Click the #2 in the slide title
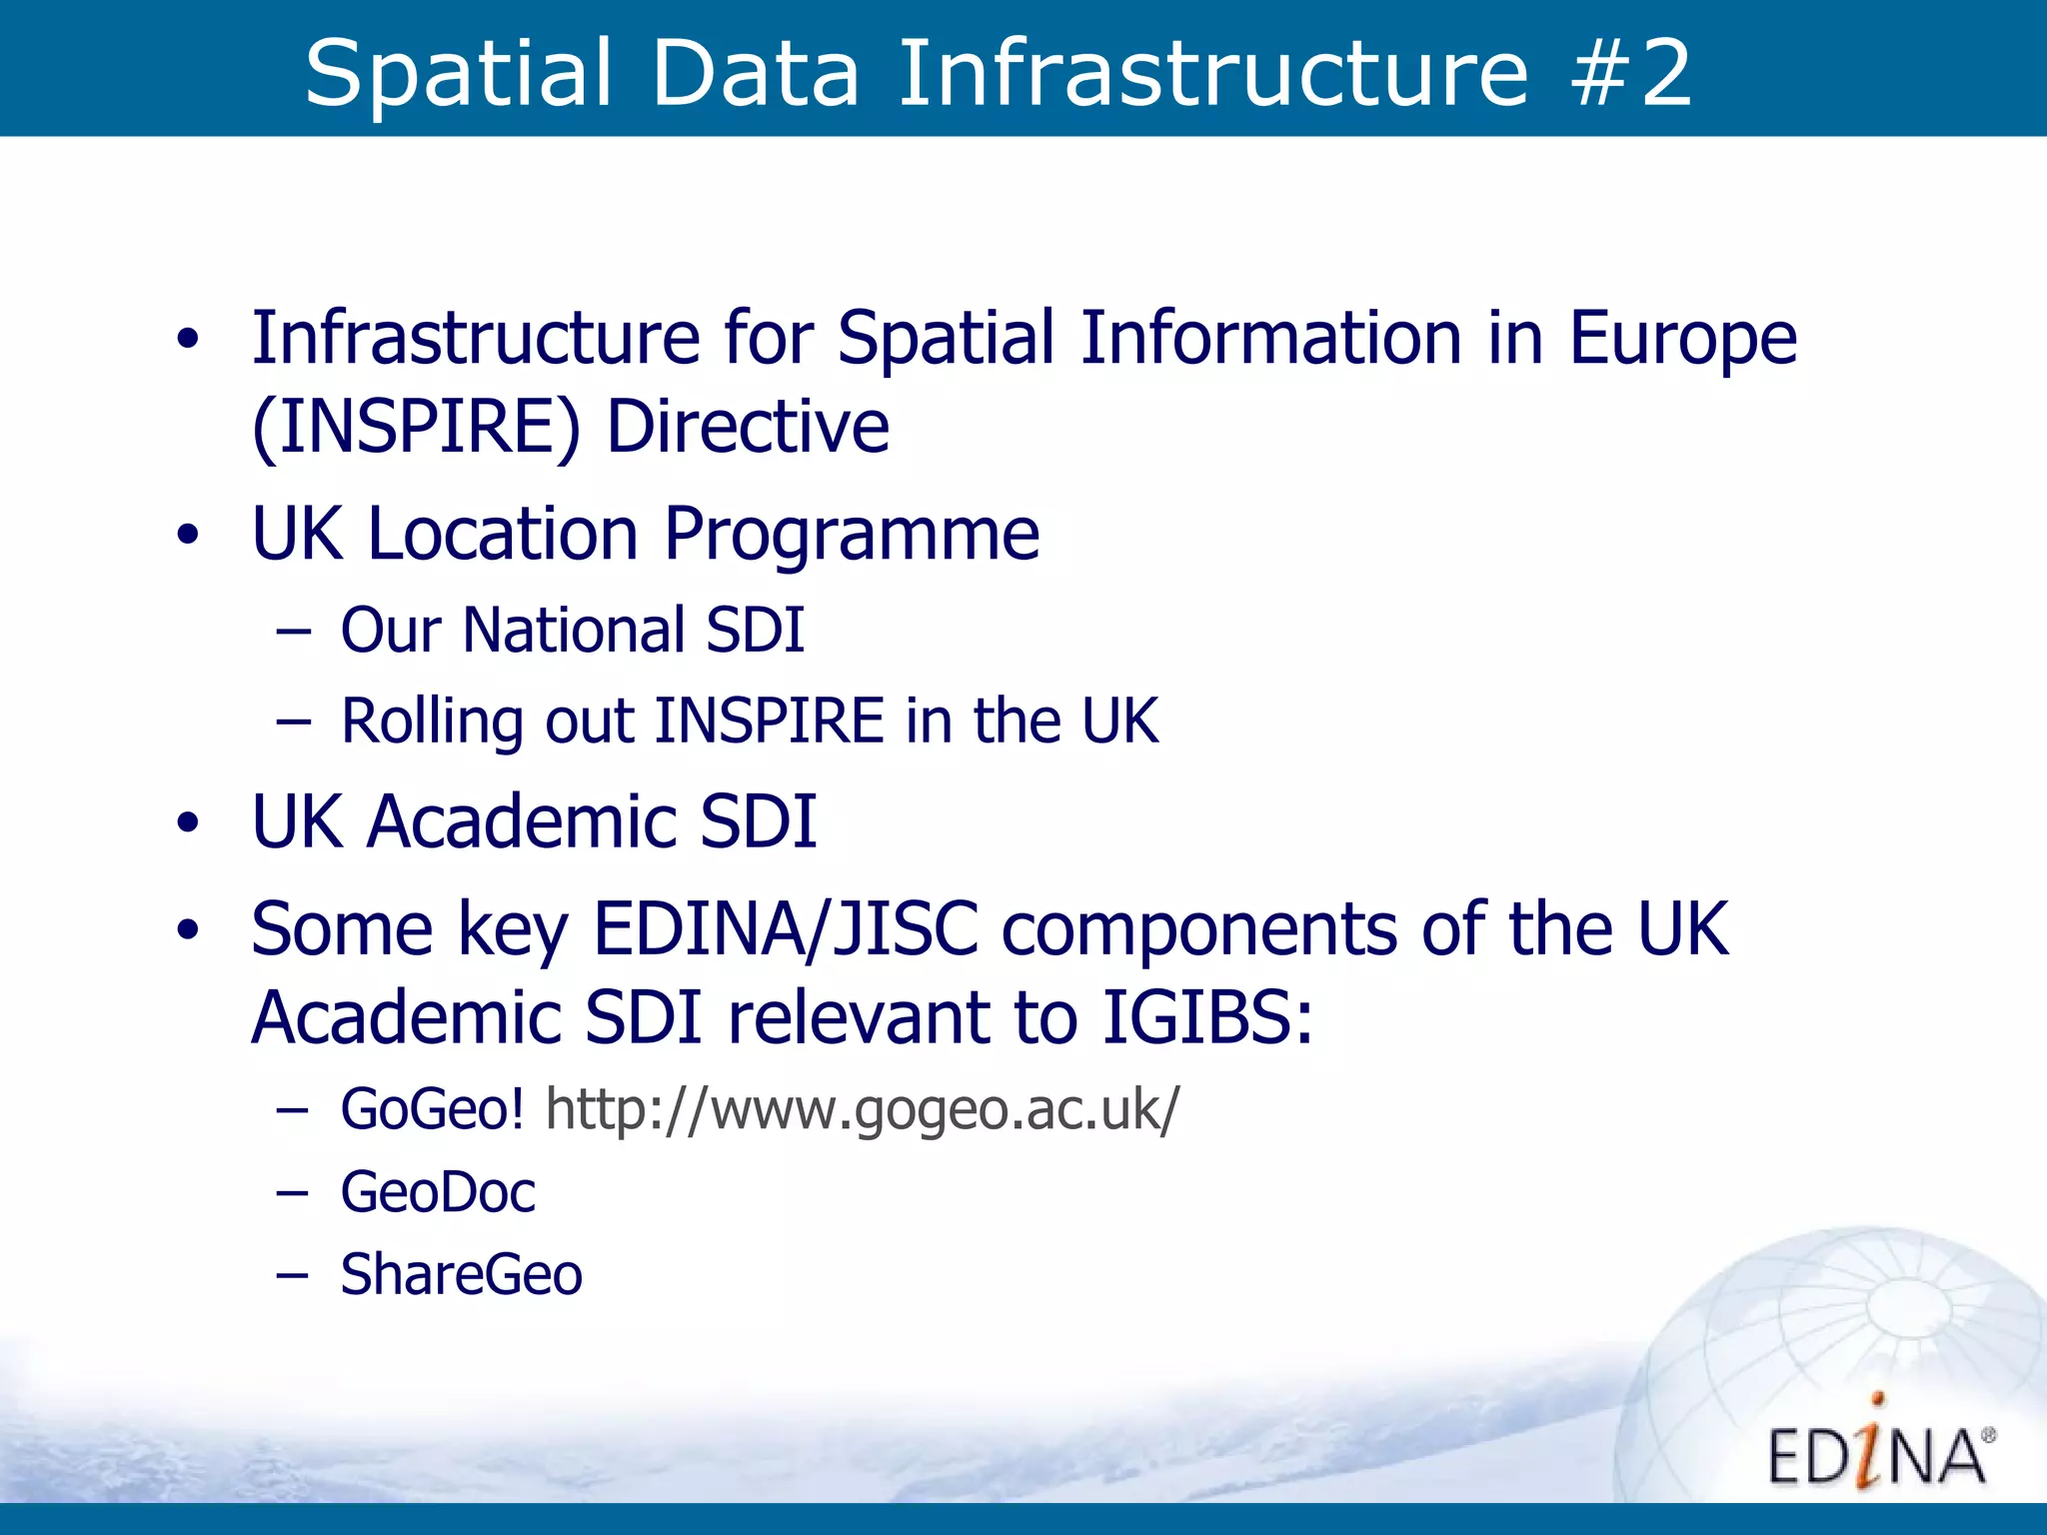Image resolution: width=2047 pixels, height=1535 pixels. tap(1631, 72)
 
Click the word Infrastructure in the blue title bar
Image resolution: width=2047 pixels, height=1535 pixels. tap(1213, 72)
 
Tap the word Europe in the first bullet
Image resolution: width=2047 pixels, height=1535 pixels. tap(1683, 340)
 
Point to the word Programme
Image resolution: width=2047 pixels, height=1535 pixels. tap(852, 536)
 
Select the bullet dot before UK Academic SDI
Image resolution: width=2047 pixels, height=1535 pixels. tap(188, 824)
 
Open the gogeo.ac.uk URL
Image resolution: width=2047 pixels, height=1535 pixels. tap(862, 1110)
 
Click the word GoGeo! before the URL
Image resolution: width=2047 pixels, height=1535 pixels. tap(432, 1110)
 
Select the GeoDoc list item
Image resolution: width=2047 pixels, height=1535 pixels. tap(438, 1193)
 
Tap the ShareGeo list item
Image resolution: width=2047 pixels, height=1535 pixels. tap(461, 1275)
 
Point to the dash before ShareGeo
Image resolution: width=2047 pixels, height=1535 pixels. tap(292, 1275)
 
